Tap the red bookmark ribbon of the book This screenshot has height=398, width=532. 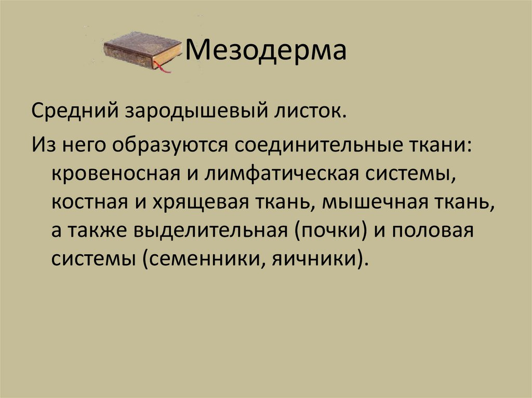tap(165, 68)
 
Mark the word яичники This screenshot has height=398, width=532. tap(316, 258)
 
